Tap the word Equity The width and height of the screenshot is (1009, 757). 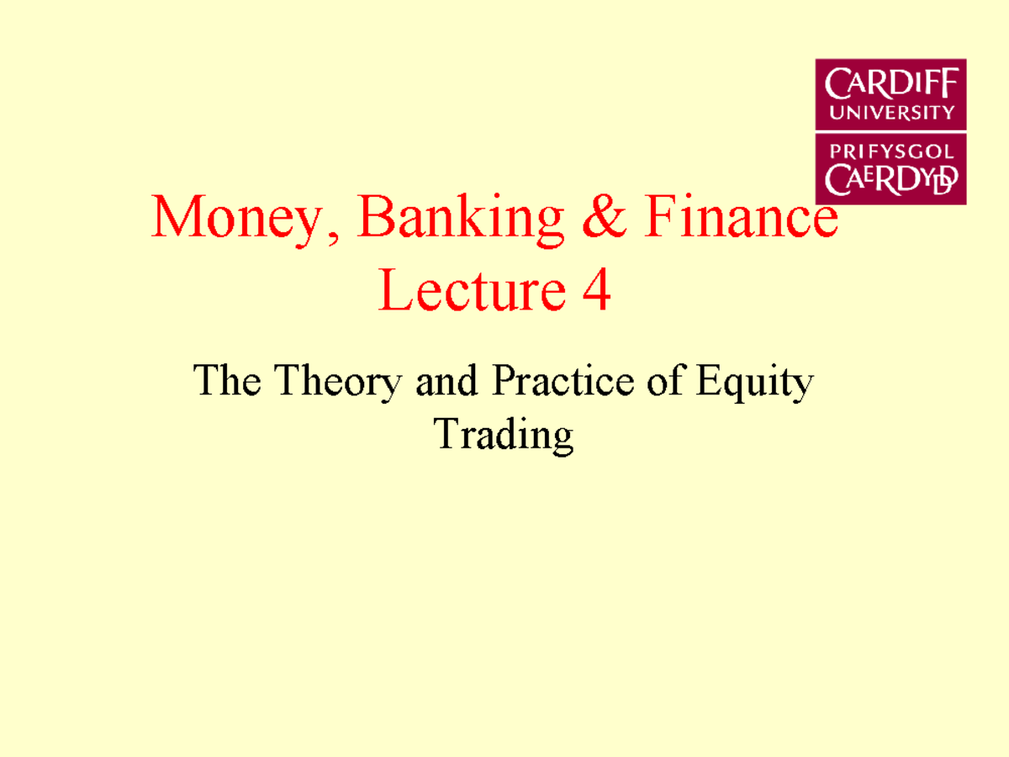click(x=753, y=384)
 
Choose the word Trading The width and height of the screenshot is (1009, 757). click(x=504, y=435)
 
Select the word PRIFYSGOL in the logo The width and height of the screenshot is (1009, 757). click(x=890, y=152)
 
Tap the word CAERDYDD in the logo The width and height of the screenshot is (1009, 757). click(x=890, y=178)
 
